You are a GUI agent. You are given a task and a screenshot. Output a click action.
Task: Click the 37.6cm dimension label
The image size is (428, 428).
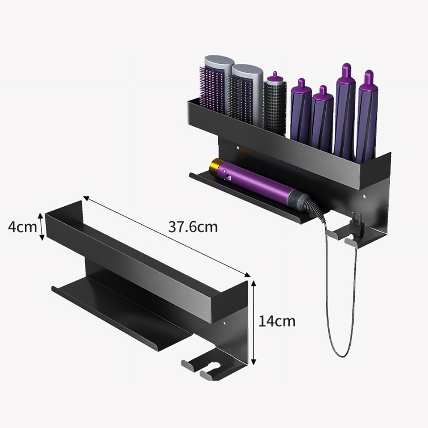pyautogui.click(x=193, y=227)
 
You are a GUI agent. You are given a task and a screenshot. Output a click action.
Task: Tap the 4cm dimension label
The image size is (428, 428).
pyautogui.click(x=22, y=226)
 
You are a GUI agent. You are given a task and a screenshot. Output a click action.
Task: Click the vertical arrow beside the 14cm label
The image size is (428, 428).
pyautogui.click(x=254, y=322)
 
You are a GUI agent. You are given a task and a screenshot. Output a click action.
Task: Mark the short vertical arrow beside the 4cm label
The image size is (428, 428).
pyautogui.click(x=42, y=227)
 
